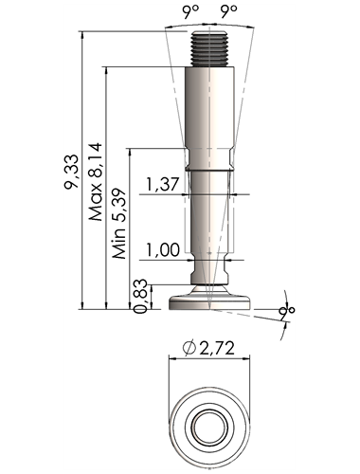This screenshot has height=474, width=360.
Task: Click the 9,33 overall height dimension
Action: pyautogui.click(x=71, y=172)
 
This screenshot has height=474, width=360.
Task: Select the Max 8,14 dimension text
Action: pyautogui.click(x=96, y=182)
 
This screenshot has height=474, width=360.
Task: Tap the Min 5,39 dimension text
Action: pyautogui.click(x=119, y=224)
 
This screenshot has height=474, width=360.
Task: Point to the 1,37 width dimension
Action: pyautogui.click(x=163, y=184)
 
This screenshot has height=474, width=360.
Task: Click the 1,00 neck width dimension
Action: pyautogui.click(x=163, y=249)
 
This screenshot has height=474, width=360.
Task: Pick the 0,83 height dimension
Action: pyautogui.click(x=140, y=296)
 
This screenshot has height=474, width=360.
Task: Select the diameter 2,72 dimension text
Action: pyautogui.click(x=208, y=348)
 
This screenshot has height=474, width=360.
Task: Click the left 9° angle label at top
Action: pyautogui.click(x=190, y=11)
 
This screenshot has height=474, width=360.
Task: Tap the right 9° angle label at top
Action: pyautogui.click(x=228, y=11)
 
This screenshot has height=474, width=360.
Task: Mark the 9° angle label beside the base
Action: pyautogui.click(x=287, y=312)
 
